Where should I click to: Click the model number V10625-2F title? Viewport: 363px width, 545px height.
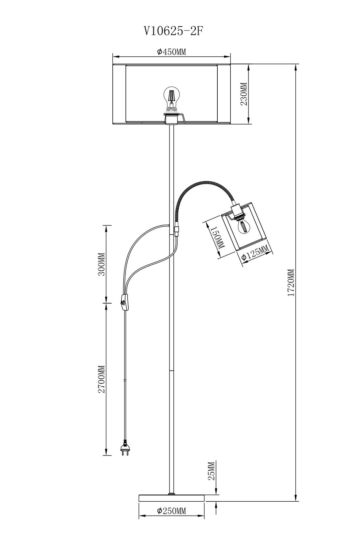173,31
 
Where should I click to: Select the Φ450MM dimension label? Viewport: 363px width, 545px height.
171,52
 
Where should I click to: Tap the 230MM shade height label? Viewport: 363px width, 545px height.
244,94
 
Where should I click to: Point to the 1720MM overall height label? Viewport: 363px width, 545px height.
291,282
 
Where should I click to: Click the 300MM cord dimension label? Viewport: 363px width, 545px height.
101,264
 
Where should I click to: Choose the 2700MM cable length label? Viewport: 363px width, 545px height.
101,379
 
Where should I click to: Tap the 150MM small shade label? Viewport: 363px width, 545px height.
217,237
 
